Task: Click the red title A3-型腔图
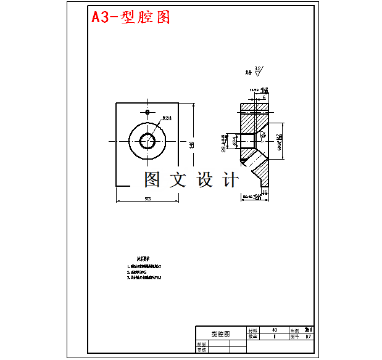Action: tap(131, 17)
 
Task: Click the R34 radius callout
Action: tap(167, 118)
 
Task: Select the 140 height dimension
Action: tap(192, 144)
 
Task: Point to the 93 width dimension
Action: tap(147, 198)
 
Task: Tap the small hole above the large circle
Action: tap(147, 112)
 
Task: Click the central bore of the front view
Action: tap(147, 141)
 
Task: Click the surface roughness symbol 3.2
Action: tap(257, 70)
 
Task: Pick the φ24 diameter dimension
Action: tap(235, 141)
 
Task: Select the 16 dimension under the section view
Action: tap(265, 192)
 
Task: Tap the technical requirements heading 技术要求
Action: tap(144, 260)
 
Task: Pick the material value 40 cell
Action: tap(275, 330)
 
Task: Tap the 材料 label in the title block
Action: tap(252, 330)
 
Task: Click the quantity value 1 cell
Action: tap(275, 337)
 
